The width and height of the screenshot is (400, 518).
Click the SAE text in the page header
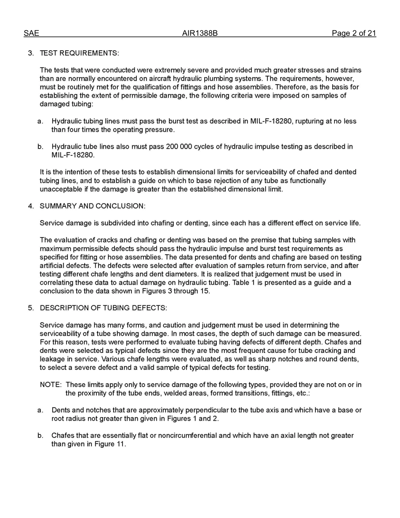31,33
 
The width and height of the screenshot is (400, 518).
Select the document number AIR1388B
200,33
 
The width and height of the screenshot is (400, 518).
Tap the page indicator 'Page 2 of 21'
353,33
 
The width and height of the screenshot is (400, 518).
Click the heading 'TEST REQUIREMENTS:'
79,53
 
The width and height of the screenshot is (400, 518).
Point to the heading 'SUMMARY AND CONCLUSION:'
92,206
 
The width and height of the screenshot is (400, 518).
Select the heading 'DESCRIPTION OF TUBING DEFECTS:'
103,308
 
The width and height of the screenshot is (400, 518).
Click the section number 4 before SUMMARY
31,206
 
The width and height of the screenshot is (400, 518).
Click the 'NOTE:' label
51,384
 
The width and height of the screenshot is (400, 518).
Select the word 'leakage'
53,359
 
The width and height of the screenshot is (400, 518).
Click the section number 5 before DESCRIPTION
31,308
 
